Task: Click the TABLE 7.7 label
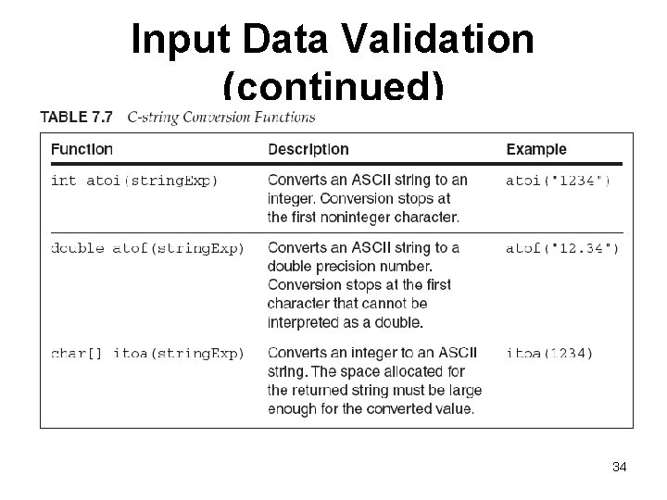(x=76, y=117)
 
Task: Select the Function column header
(x=82, y=149)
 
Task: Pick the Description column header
(x=308, y=149)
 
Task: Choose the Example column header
(x=535, y=149)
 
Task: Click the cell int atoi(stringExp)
(x=134, y=181)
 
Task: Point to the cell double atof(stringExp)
(x=147, y=248)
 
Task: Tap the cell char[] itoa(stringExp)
(x=147, y=353)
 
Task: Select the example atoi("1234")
(x=558, y=181)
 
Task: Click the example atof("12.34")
(x=562, y=248)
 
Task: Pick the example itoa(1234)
(x=549, y=353)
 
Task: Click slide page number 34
(x=620, y=467)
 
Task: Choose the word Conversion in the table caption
(x=221, y=117)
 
